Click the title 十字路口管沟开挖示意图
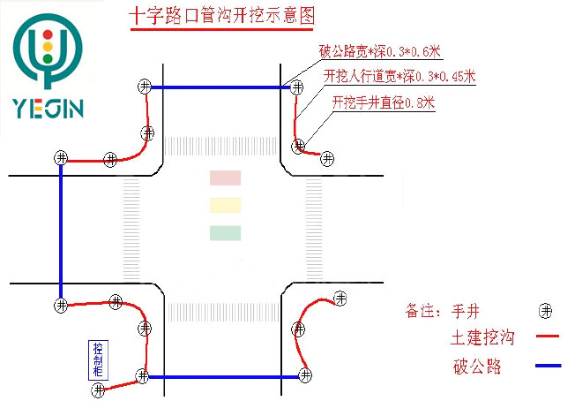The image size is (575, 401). point(221,16)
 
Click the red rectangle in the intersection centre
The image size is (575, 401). point(224,178)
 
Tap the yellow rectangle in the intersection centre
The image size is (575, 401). point(224,206)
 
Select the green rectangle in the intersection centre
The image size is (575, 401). point(224,233)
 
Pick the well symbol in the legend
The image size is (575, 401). point(547,311)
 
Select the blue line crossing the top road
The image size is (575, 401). point(220,87)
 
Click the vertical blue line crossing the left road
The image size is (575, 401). point(60,231)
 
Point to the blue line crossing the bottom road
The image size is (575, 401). point(225,377)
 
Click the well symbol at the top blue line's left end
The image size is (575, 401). point(145,87)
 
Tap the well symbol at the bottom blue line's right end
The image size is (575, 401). point(305,375)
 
